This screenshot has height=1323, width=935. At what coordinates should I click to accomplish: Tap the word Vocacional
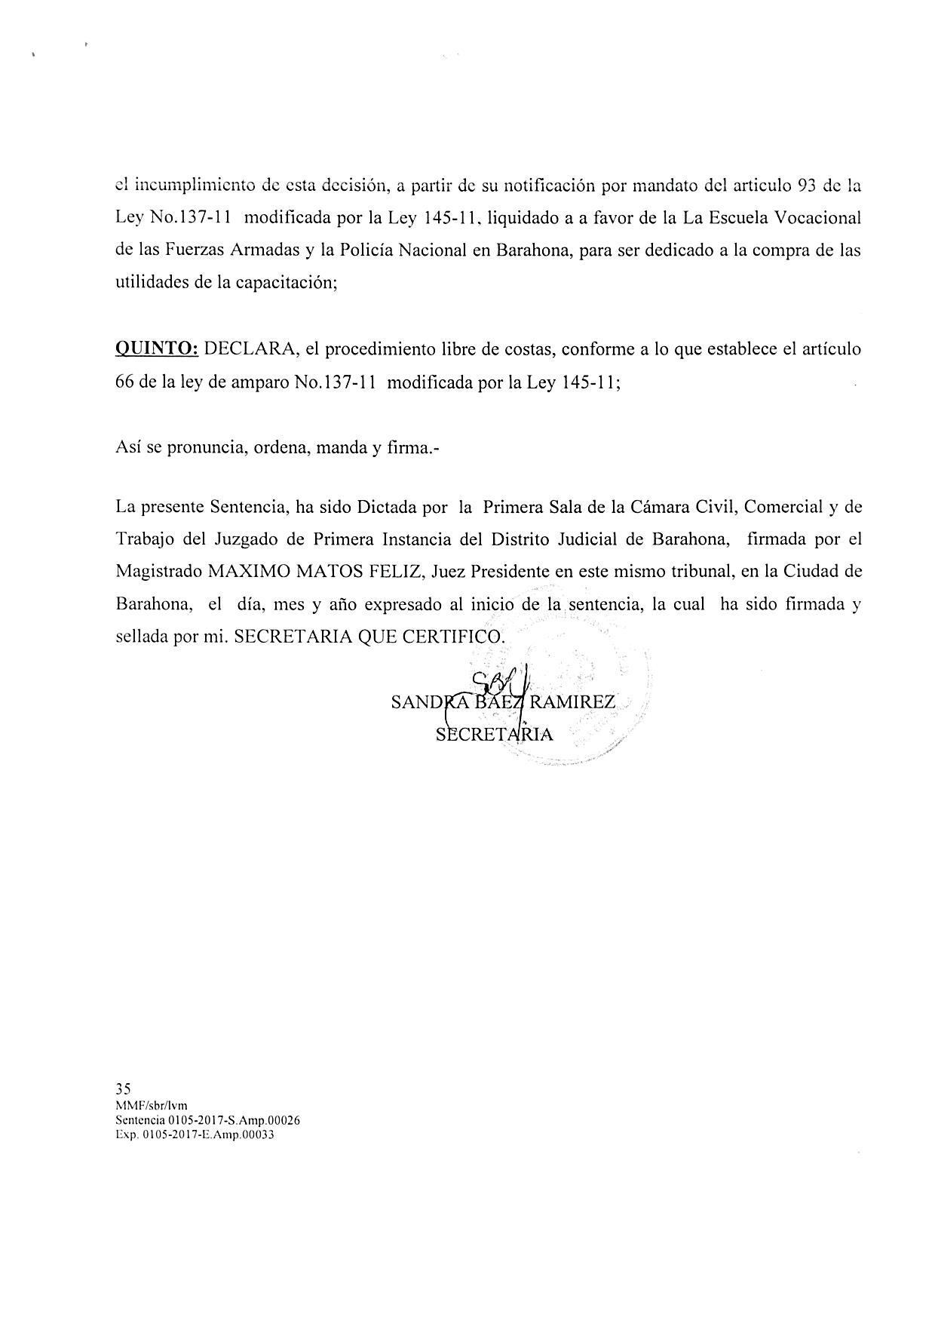(815, 219)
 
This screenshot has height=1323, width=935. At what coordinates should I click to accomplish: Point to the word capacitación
(285, 284)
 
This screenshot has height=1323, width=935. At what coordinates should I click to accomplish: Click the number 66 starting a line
(124, 382)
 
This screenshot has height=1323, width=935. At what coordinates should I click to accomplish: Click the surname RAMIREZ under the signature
(573, 703)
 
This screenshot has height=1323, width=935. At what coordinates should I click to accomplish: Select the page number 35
(124, 1088)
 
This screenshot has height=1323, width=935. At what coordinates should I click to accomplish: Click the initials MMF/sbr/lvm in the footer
(152, 1106)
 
